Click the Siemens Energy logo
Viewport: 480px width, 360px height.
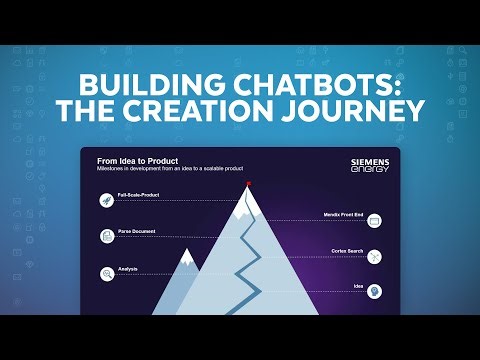(369, 164)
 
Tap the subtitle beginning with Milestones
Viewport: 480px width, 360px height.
(170, 168)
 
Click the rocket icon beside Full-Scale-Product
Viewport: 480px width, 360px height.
(105, 200)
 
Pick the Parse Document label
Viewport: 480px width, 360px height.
(136, 231)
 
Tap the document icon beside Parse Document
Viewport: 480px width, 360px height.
(105, 236)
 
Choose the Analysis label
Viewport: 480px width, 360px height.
(127, 268)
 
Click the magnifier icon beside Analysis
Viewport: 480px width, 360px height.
(105, 273)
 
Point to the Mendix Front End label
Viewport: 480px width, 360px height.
(343, 214)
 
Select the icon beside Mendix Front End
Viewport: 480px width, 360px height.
(375, 219)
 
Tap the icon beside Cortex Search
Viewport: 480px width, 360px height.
(375, 256)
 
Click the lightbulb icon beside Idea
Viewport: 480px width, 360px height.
(375, 291)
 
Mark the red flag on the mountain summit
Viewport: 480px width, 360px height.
(248, 183)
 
